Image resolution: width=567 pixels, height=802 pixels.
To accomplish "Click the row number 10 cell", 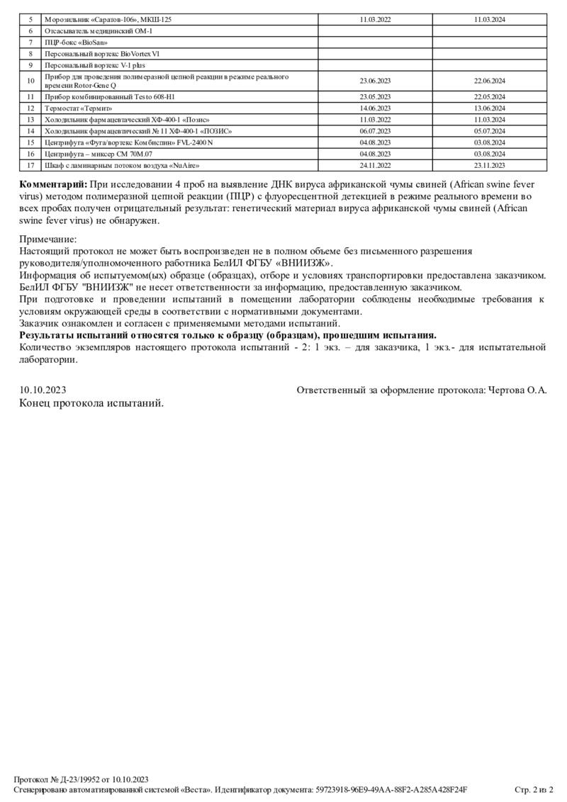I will (30, 81).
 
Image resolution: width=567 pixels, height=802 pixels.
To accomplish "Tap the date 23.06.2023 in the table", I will (375, 81).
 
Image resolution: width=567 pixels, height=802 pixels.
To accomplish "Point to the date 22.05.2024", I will (489, 96).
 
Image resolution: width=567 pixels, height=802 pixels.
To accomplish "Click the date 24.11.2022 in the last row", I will (375, 165).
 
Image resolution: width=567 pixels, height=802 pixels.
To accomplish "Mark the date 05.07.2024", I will (489, 131).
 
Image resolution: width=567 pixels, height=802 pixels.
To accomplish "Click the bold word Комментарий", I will (53, 185).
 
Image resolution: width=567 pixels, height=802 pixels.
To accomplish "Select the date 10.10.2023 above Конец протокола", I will (43, 390).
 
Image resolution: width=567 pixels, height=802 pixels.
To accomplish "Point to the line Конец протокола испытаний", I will (91, 403).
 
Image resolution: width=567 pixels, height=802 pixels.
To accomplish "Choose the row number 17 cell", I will (30, 165).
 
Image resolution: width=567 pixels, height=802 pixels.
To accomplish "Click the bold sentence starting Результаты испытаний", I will (228, 335).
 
